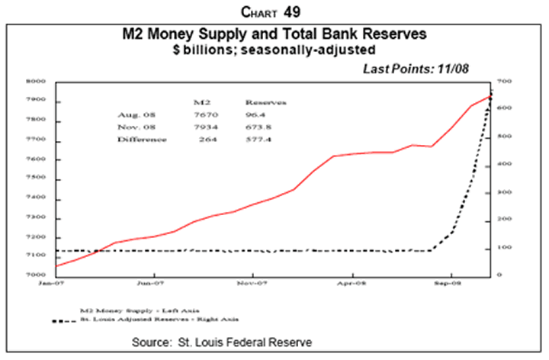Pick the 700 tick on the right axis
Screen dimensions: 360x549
(x=506, y=80)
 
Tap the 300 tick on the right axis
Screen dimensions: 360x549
(x=506, y=191)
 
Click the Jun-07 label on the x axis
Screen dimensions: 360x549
(x=153, y=283)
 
